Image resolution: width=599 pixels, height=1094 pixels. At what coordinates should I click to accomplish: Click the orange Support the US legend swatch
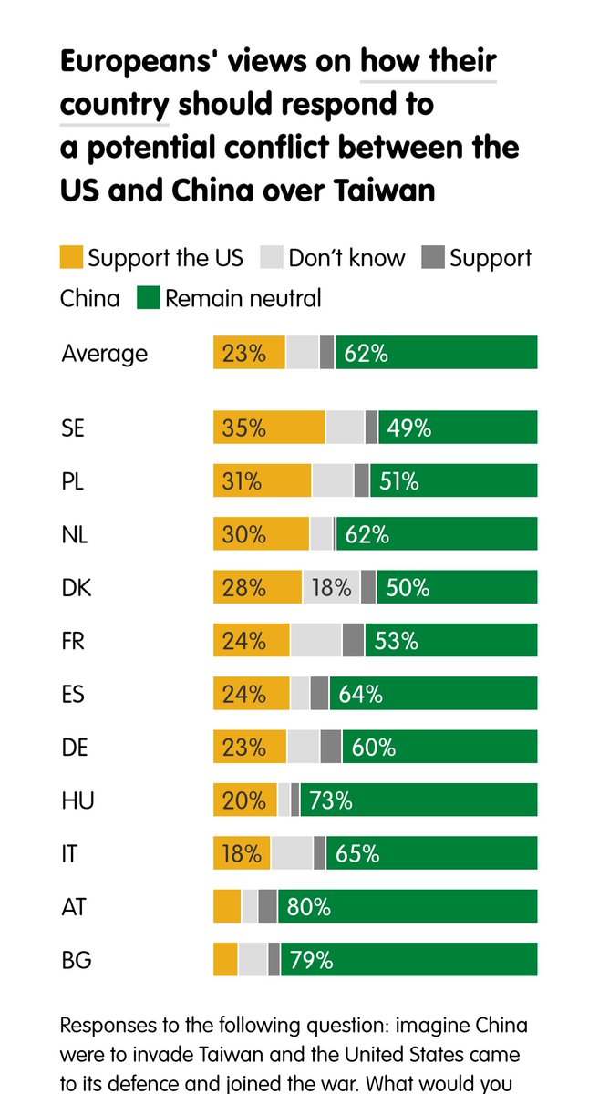coord(71,257)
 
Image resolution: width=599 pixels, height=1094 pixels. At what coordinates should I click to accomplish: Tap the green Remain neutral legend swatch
coord(148,298)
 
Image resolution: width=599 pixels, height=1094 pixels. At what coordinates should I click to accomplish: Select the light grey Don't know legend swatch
coord(273,257)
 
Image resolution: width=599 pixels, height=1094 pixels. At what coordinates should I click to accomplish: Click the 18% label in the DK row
coord(331,588)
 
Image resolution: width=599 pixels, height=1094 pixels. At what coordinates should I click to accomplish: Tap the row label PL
coord(73,481)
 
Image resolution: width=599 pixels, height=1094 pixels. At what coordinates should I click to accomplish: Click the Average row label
coord(104,353)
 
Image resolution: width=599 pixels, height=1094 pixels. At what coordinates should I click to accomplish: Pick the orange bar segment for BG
coord(225,959)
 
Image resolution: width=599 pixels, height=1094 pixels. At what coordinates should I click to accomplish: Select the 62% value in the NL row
coord(367,534)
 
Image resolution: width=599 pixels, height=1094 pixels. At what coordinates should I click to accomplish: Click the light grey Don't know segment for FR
coord(315,641)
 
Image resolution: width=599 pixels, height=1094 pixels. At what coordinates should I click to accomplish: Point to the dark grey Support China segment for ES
coord(319,694)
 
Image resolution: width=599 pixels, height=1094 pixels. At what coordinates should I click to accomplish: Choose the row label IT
coord(69,853)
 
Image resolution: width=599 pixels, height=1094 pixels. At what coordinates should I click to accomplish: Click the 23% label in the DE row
coord(243,748)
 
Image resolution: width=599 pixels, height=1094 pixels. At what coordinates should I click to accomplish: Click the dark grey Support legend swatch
coord(433,257)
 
